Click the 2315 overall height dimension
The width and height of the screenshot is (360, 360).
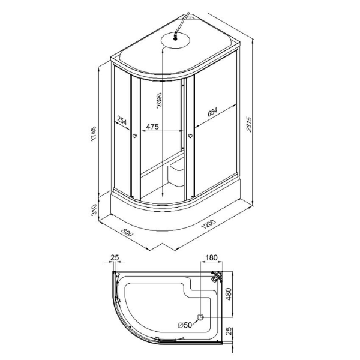pos(249,124)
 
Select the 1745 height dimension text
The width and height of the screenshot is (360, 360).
pos(94,134)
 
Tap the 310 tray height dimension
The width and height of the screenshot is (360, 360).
pos(94,210)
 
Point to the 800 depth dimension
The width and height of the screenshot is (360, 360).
pos(127,232)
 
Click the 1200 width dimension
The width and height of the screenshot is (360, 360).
pos(208,224)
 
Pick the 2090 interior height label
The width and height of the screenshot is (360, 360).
pos(159,100)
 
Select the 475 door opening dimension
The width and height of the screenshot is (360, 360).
pos(152,127)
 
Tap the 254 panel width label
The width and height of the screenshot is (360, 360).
pos(122,121)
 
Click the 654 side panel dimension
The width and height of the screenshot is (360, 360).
pos(212,112)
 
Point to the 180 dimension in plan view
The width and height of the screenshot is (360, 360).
pos(211,257)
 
